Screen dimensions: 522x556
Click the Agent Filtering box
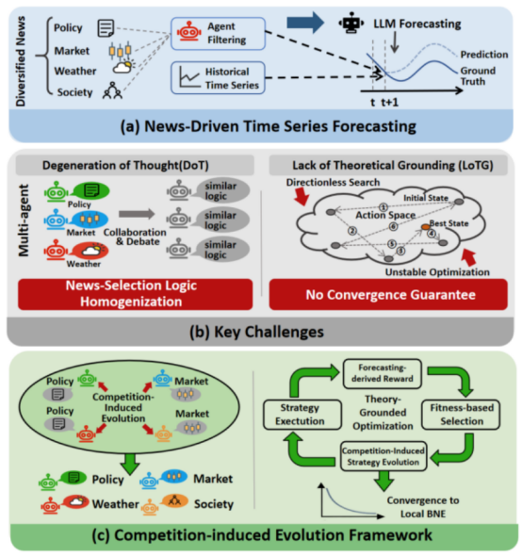218,33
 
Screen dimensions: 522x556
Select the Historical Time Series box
218,77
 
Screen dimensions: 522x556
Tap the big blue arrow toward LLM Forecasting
305,23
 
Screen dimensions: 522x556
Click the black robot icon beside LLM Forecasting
351,23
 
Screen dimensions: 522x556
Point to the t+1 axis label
390,103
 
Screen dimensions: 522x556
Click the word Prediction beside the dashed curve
484,55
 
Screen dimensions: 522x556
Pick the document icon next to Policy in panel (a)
106,28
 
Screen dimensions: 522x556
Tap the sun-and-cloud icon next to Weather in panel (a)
123,66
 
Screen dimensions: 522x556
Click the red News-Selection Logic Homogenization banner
135,294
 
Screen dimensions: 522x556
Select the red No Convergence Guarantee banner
388,294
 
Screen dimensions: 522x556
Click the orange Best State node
425,227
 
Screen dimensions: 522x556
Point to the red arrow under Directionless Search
302,196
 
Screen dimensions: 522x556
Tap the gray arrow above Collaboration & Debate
137,214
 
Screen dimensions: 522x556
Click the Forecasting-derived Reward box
383,373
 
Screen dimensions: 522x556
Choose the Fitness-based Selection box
461,415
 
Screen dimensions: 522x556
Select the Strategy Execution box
302,415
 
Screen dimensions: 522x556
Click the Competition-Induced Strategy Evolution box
383,456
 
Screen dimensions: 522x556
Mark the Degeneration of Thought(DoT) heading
125,165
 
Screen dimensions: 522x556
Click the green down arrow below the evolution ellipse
130,464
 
